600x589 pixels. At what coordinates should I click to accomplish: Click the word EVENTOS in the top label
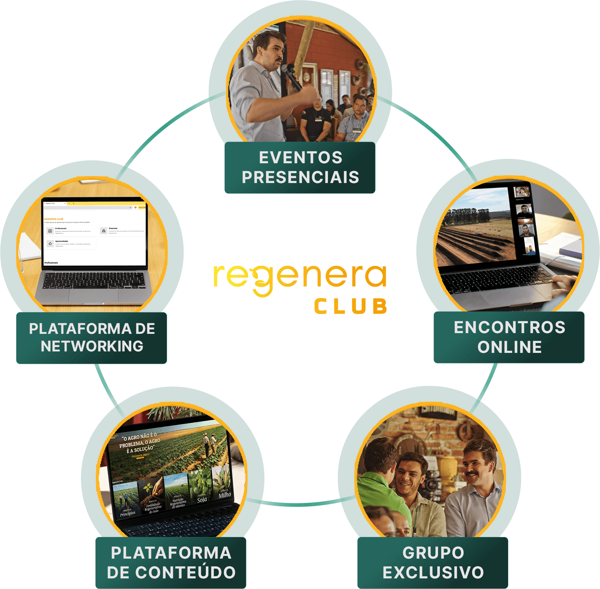[x=301, y=158]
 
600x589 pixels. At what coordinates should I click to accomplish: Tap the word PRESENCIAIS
[x=301, y=177]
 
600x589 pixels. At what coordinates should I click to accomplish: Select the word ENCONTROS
[x=509, y=328]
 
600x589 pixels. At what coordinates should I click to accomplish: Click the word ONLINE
[x=509, y=347]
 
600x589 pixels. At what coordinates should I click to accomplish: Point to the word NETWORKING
[x=92, y=346]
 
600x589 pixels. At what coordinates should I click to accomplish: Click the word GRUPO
[x=433, y=553]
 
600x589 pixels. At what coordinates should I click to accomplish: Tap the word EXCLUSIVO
[x=433, y=573]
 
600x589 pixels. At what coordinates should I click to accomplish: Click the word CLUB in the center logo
[x=350, y=306]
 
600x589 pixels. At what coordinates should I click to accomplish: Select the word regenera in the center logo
[x=300, y=277]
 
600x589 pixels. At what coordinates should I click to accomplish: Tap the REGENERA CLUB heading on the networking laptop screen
[x=54, y=219]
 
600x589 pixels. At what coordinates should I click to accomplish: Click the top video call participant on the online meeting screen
[x=521, y=192]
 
